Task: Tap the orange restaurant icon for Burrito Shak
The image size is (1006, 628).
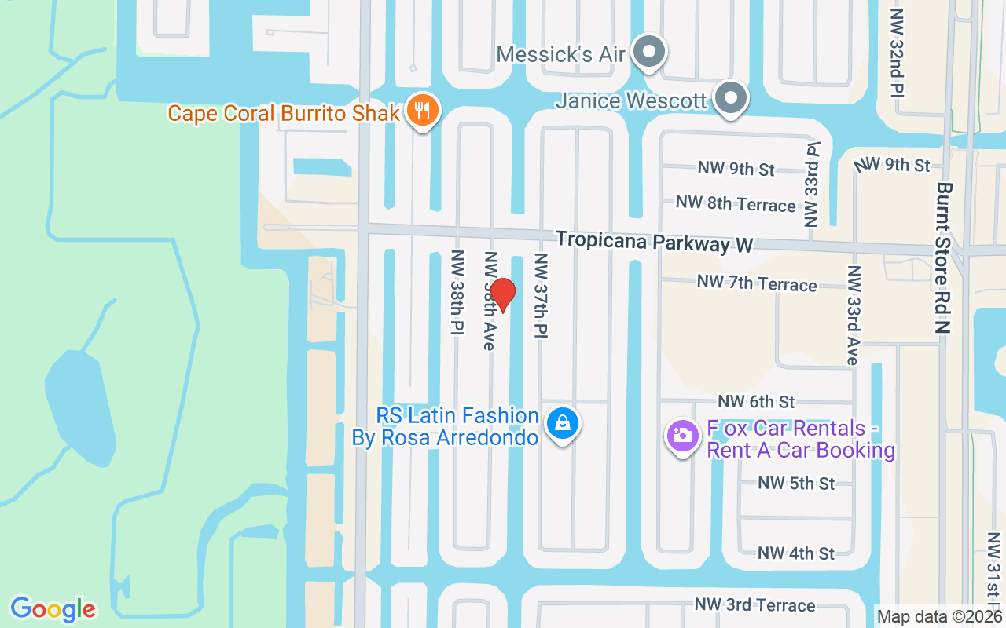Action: [423, 111]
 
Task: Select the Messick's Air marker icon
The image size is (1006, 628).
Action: [649, 53]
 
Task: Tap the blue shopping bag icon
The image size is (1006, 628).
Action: [562, 424]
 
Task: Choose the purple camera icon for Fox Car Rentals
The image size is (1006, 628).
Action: [682, 434]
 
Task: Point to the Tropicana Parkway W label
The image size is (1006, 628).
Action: [654, 241]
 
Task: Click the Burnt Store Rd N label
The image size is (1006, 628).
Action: [944, 258]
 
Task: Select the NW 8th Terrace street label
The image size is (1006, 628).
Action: [736, 204]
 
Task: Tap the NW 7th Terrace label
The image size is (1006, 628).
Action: [757, 283]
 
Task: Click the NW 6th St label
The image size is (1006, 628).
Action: [756, 402]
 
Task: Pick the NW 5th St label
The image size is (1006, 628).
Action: [796, 484]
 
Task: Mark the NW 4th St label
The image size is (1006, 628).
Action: [796, 553]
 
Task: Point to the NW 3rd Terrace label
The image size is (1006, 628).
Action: [754, 605]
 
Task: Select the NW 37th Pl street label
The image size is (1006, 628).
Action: [540, 295]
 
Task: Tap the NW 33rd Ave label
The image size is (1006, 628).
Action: [853, 315]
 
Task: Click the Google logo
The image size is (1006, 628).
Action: [53, 608]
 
